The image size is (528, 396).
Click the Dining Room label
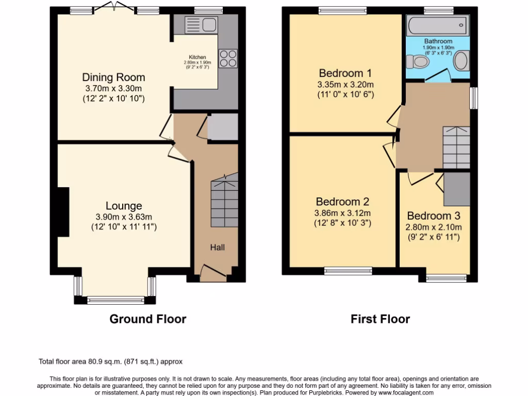tap(113, 77)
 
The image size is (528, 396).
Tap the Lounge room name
tap(124, 206)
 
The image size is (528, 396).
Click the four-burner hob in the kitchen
tap(228, 58)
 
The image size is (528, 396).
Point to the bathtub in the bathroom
tap(437, 25)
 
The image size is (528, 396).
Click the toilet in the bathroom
tap(418, 62)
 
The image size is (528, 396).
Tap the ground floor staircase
tap(224, 202)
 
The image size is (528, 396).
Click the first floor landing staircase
tap(456, 147)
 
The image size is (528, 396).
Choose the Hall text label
tap(217, 247)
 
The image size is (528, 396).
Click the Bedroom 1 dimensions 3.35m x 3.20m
tap(345, 85)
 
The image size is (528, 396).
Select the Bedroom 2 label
tap(343, 202)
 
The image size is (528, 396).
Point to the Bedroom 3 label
tap(434, 216)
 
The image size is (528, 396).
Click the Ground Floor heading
tap(147, 319)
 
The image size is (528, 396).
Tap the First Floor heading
tap(380, 319)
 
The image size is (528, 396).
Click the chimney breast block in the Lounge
tap(62, 212)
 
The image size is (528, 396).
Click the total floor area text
tap(111, 361)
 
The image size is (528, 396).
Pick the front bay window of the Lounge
tap(115, 300)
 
